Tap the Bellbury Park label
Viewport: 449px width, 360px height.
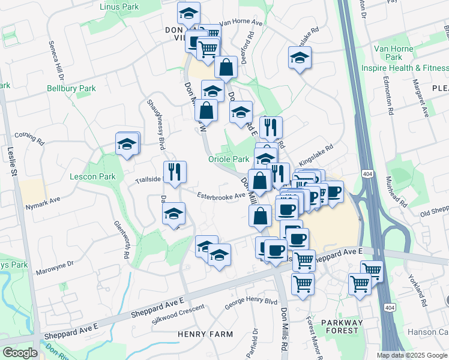click(71, 88)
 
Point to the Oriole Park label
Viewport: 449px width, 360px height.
click(228, 159)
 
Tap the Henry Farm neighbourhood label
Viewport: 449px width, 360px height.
click(200, 334)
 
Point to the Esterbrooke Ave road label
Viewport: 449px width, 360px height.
click(221, 195)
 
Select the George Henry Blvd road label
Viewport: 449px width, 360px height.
click(251, 304)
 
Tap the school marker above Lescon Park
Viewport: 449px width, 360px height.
click(127, 144)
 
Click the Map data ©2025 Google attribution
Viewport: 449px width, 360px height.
click(411, 355)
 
